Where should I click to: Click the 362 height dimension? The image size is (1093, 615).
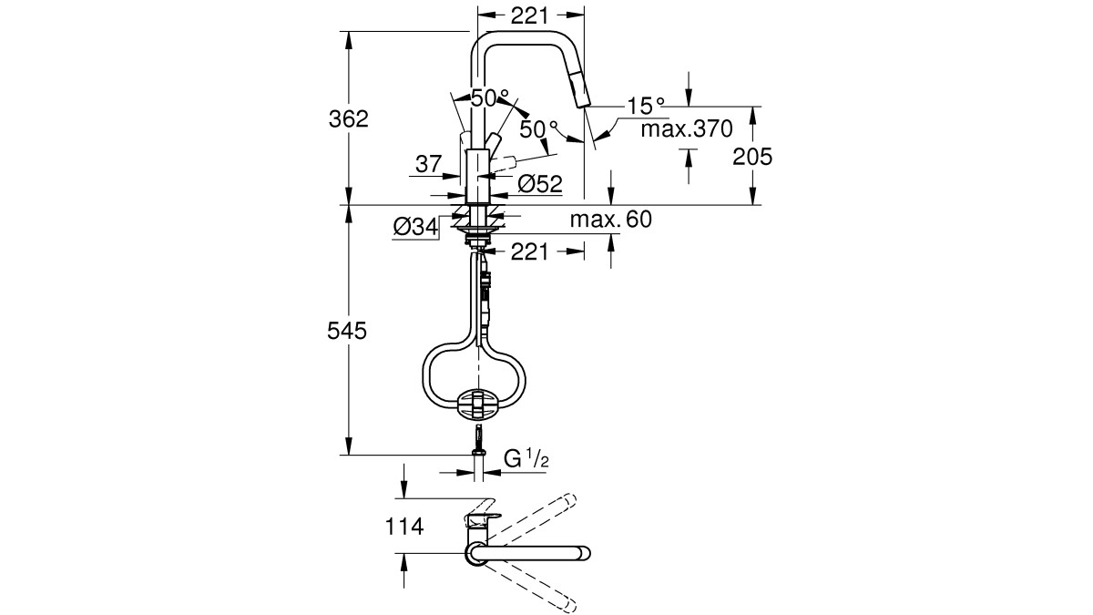(348, 119)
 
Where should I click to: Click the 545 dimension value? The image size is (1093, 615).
(347, 331)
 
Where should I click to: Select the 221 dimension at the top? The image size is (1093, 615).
(529, 16)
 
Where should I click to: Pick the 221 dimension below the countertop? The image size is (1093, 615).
(529, 251)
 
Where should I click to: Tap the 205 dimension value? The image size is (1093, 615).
(752, 157)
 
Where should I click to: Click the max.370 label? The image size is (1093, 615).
(687, 128)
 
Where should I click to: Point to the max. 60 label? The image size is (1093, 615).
(611, 220)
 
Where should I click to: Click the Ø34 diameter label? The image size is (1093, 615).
(415, 227)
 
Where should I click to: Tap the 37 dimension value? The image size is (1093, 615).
(428, 164)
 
